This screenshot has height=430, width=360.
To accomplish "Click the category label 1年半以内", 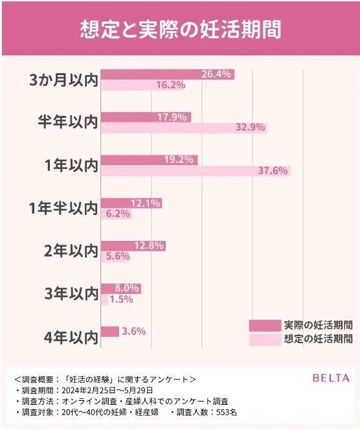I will [x=63, y=209].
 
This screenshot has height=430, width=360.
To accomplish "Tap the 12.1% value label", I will [x=146, y=203].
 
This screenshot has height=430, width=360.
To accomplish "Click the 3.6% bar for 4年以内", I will [x=110, y=332].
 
